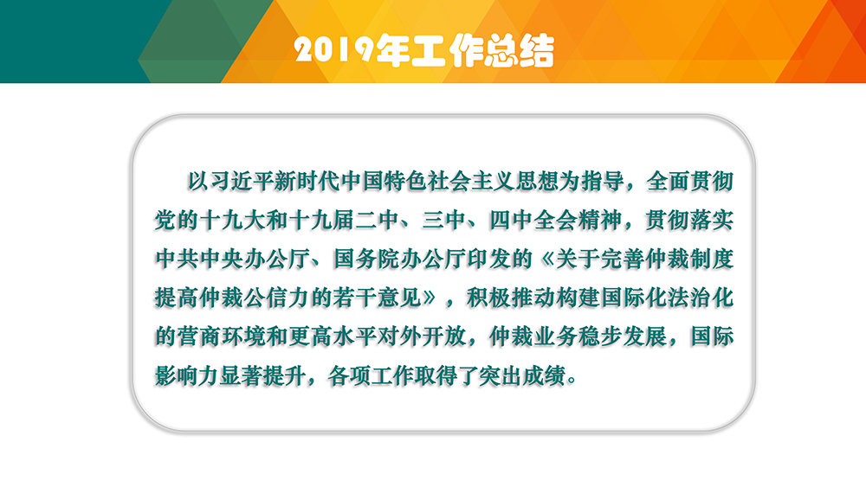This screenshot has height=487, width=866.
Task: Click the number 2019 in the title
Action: point(334,50)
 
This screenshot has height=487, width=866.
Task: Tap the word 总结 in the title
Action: point(519,50)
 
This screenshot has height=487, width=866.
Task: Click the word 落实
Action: point(711,221)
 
